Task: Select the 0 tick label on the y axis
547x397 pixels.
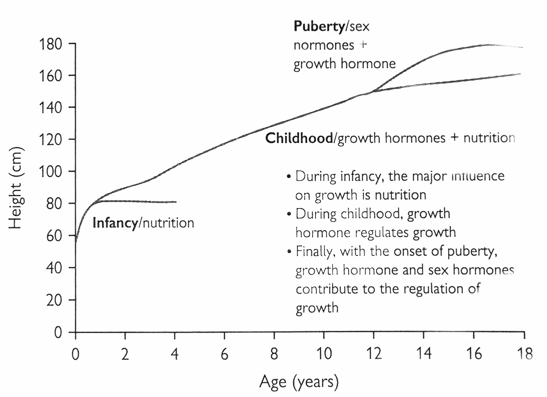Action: (58, 332)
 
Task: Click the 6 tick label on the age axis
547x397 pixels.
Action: (225, 354)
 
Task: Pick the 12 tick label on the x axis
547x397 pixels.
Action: (374, 354)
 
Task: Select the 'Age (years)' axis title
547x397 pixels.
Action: (299, 382)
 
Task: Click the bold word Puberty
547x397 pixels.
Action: (319, 26)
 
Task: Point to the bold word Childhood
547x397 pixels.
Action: (299, 138)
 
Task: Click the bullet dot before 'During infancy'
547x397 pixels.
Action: (289, 177)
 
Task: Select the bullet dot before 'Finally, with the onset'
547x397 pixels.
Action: (289, 252)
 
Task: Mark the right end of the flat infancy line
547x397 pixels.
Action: (176, 202)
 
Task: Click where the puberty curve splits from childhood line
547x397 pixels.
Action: (372, 92)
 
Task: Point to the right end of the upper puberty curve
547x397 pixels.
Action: (522, 47)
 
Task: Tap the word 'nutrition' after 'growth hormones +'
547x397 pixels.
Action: (489, 138)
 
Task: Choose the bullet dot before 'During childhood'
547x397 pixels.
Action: (289, 214)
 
